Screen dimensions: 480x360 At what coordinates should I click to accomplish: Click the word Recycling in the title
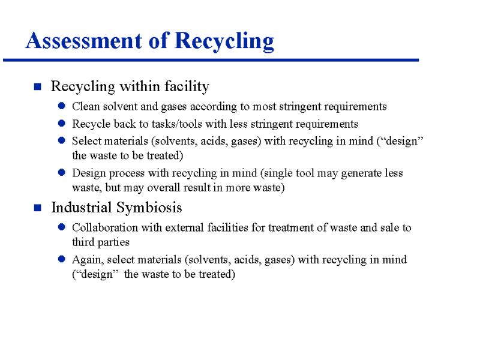coord(224,41)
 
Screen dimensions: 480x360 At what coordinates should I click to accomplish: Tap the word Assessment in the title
coord(84,40)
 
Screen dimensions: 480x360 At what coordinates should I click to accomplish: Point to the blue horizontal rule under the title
coord(211,60)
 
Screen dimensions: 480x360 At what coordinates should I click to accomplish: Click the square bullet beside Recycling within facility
coord(38,87)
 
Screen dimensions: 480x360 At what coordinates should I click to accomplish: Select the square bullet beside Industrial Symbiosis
coord(38,208)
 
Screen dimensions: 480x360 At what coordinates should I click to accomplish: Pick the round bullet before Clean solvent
coord(62,106)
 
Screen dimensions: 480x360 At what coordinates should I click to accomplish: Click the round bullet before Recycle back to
coord(62,124)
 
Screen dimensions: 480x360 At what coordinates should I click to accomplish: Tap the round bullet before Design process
coord(62,172)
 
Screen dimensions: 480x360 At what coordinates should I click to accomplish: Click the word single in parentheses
coord(275,173)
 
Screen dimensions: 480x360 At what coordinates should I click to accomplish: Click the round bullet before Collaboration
coord(62,227)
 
